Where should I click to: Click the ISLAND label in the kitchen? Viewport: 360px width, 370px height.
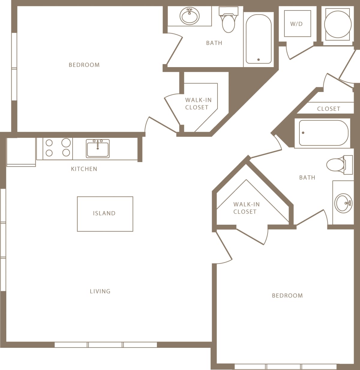(x=104, y=213)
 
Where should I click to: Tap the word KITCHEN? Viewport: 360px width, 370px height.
(x=84, y=169)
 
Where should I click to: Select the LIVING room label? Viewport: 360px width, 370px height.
(x=100, y=291)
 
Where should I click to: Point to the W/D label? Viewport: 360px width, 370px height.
(x=296, y=24)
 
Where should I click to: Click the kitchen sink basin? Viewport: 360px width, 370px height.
(x=98, y=148)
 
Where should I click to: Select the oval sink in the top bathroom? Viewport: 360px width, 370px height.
(x=190, y=16)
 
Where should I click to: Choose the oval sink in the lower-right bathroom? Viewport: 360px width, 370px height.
(x=343, y=203)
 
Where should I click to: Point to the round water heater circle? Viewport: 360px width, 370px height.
(x=338, y=24)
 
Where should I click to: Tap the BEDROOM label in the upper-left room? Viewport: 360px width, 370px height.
(x=84, y=65)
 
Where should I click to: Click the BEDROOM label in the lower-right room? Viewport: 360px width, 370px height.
(x=287, y=296)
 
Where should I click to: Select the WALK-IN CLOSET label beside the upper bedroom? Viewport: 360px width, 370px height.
(x=198, y=104)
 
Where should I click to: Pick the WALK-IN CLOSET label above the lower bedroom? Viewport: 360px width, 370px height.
(x=246, y=208)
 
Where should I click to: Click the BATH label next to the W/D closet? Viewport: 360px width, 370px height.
(x=214, y=43)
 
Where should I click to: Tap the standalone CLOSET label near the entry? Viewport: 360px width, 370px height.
(x=328, y=109)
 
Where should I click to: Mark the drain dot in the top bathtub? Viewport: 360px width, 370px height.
(x=259, y=60)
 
